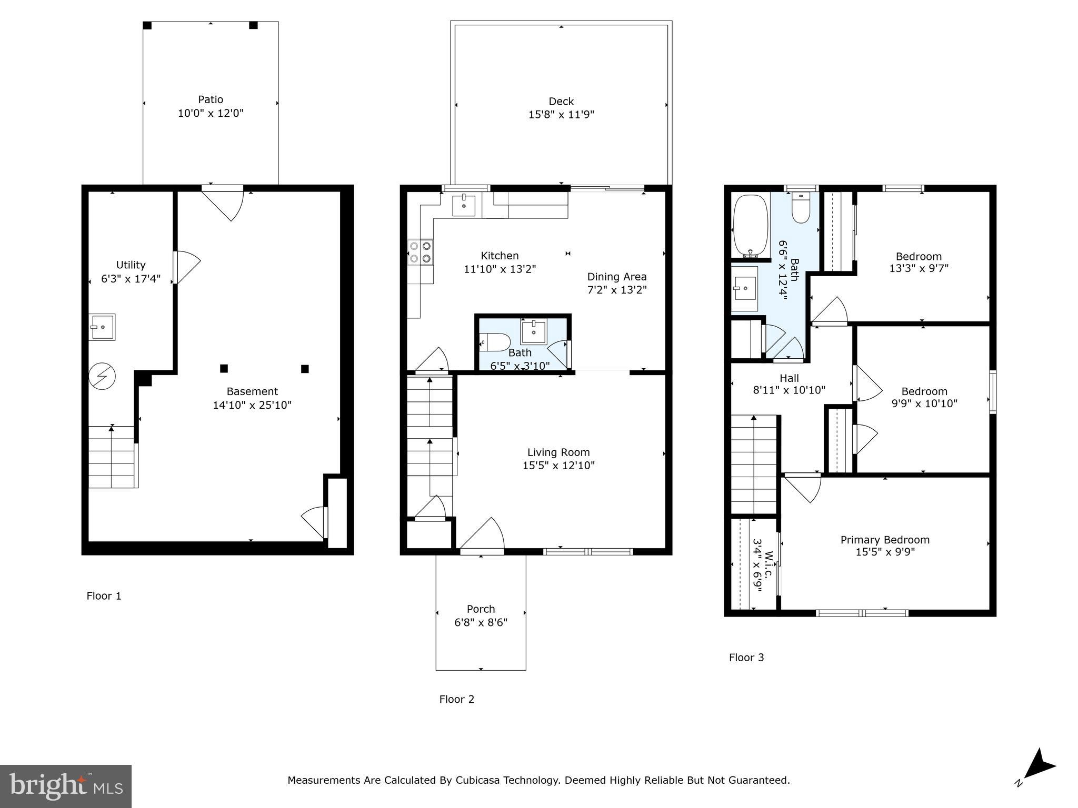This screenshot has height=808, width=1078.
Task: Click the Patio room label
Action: click(211, 99)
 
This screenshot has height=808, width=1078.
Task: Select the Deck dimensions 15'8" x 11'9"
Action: click(561, 115)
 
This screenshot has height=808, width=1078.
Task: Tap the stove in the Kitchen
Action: click(421, 252)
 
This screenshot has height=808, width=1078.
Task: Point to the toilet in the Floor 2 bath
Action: click(495, 342)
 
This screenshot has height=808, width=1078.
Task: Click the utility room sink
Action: click(102, 327)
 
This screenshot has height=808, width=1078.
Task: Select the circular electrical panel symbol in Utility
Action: click(102, 377)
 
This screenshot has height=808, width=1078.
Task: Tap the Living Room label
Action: click(558, 452)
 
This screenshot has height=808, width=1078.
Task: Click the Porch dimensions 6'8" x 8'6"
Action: click(481, 623)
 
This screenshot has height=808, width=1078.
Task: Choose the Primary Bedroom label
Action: click(885, 540)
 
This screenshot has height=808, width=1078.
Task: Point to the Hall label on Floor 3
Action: click(789, 378)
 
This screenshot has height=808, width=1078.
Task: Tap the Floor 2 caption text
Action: click(456, 699)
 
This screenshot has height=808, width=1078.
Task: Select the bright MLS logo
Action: click(66, 786)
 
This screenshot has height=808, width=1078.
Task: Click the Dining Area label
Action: click(616, 277)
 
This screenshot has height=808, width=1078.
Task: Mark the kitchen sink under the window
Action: click(464, 205)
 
